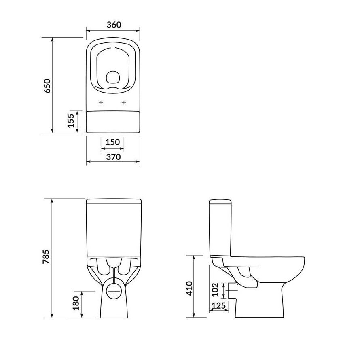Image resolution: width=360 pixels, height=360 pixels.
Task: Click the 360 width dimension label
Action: [x=114, y=25]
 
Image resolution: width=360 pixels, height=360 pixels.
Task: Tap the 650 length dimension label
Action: [x=47, y=86]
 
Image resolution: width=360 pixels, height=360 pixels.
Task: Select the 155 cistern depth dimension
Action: [x=71, y=121]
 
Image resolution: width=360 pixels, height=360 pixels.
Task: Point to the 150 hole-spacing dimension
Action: [x=112, y=142]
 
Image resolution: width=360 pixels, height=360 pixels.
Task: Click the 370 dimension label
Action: [x=113, y=157]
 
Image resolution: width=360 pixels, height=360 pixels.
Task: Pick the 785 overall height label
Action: [x=46, y=256]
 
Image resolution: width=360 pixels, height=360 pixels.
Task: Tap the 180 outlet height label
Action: [x=76, y=303]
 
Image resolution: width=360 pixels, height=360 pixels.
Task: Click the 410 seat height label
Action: [x=189, y=288]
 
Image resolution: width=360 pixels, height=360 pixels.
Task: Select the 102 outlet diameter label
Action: [x=215, y=290]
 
